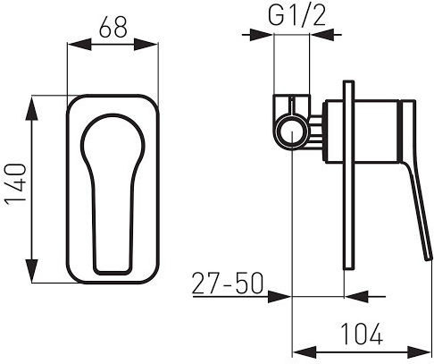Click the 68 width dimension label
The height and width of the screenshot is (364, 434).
click(113, 27)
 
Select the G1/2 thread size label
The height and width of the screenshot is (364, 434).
click(296, 15)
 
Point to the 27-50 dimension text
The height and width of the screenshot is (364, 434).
click(228, 283)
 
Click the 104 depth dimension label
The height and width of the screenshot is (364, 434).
click(362, 334)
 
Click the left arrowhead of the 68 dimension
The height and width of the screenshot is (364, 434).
click(79, 44)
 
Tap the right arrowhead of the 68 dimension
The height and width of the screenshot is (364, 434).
click(146, 44)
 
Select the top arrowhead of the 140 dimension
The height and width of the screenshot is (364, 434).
click(31, 107)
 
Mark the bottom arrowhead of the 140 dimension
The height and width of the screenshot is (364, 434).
click(31, 271)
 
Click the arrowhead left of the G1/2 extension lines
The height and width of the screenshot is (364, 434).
click(262, 35)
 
